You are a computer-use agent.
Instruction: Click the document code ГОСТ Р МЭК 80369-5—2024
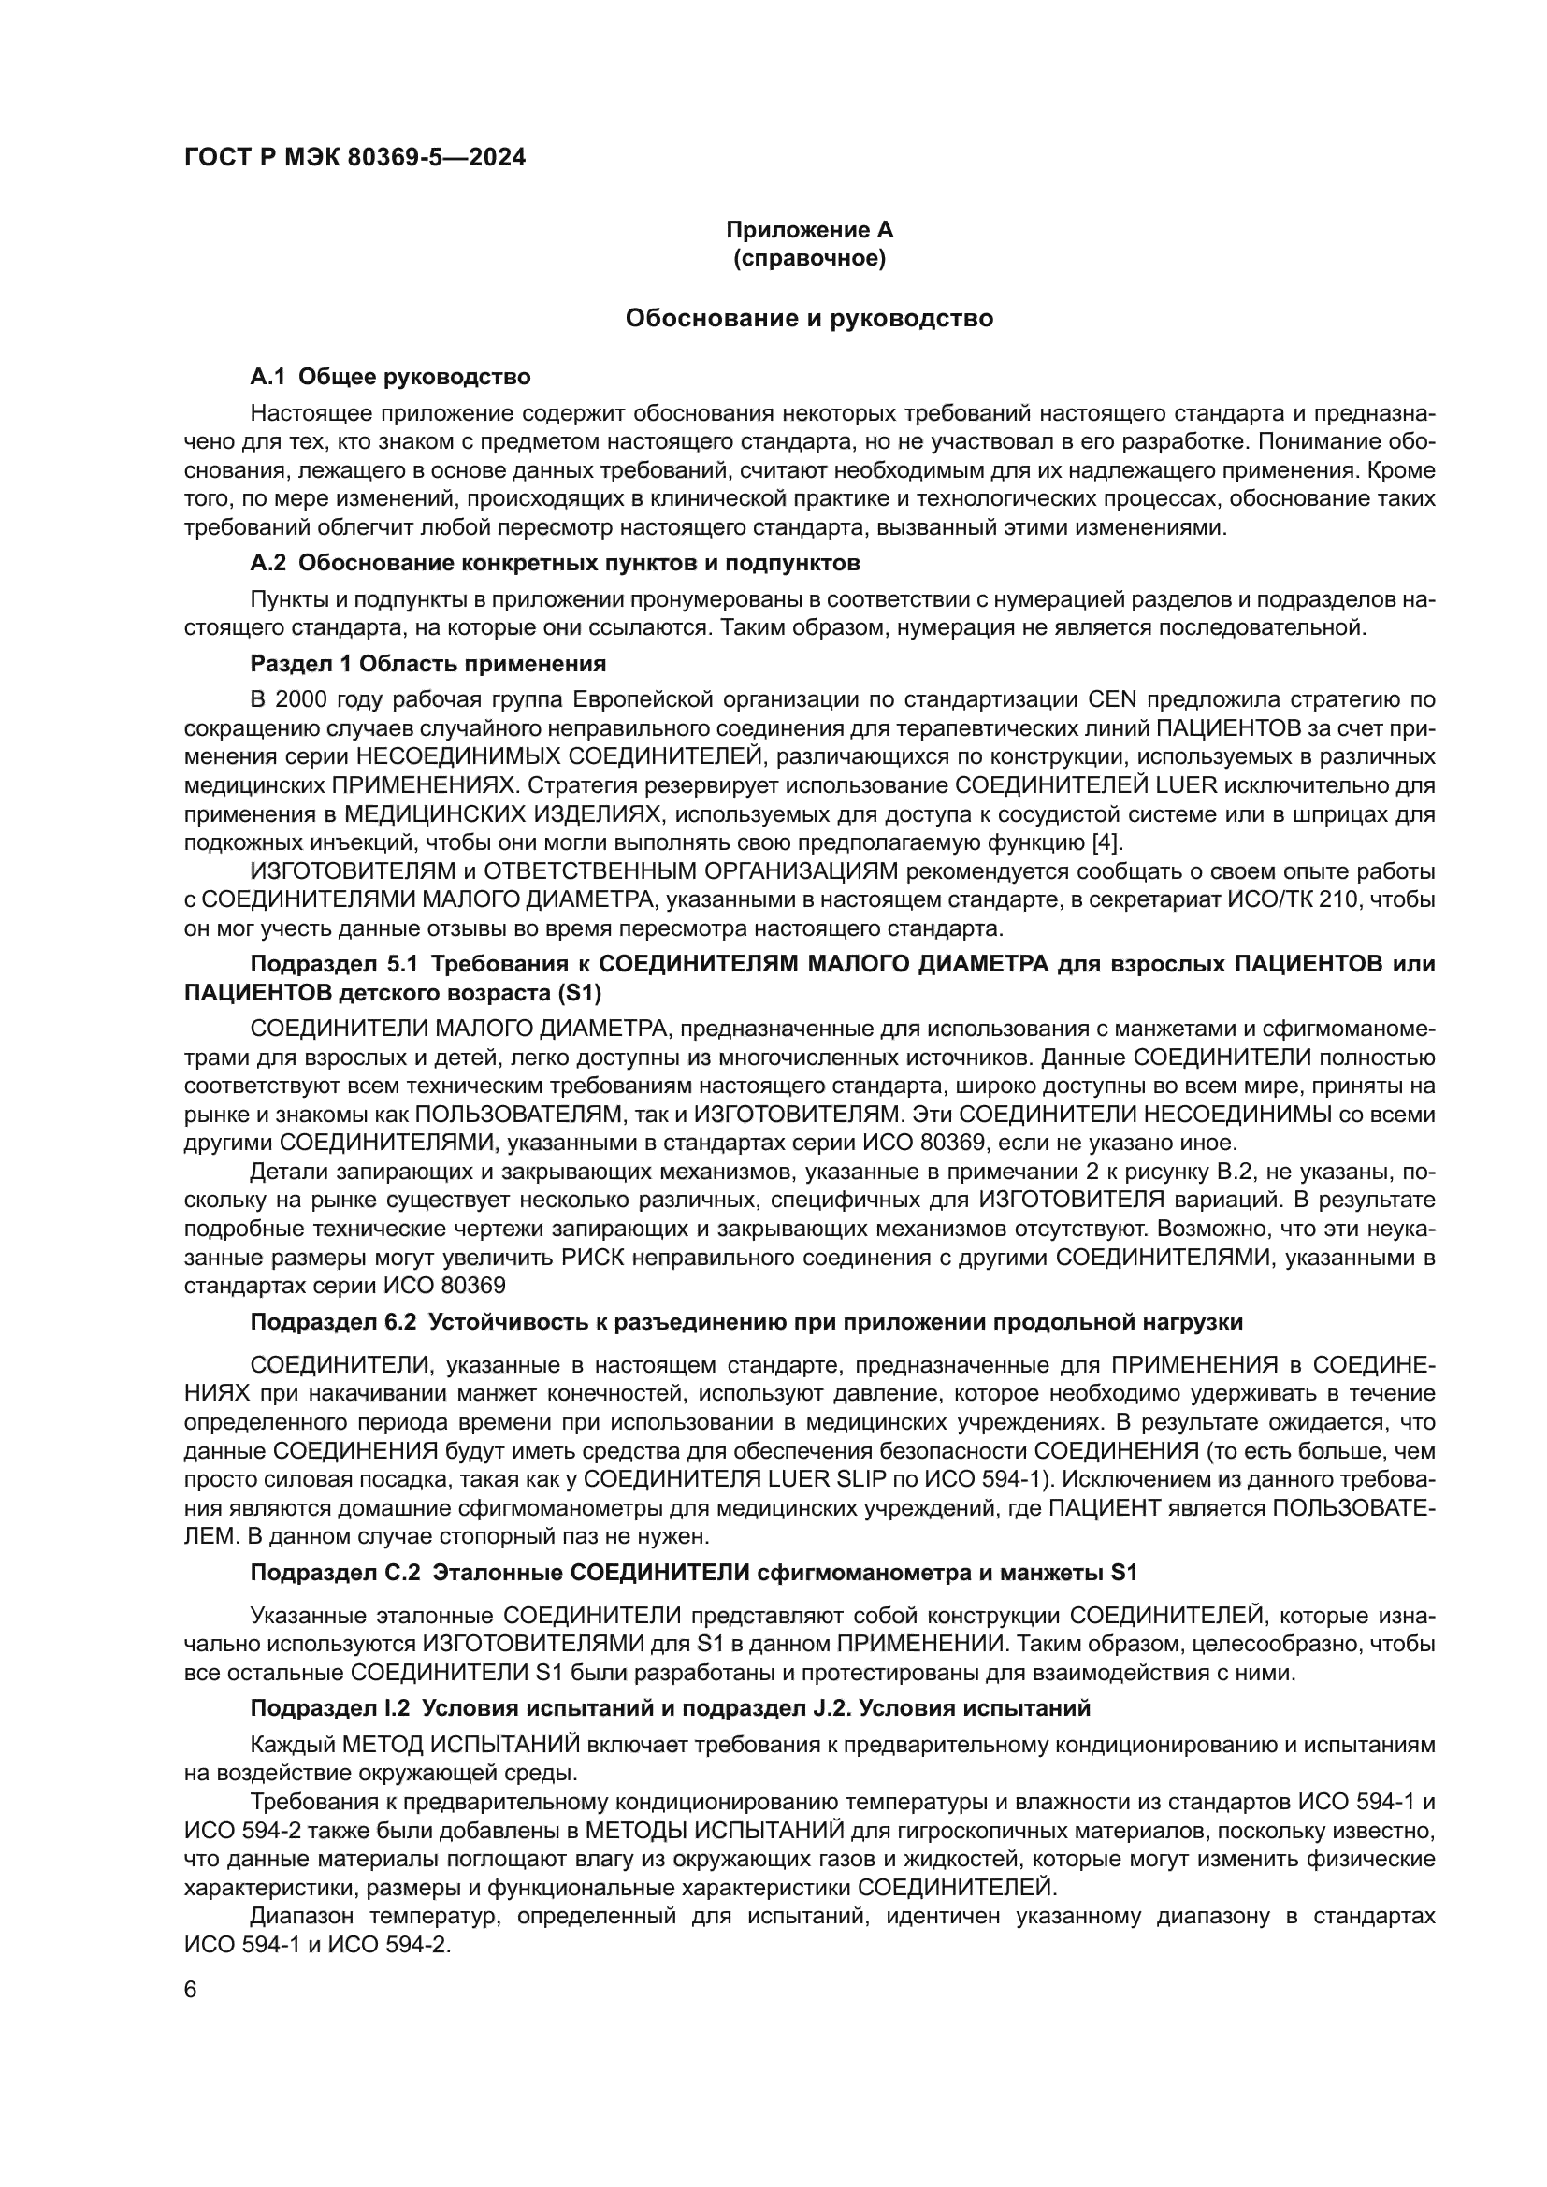pos(354,158)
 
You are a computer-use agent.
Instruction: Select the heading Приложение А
pos(809,230)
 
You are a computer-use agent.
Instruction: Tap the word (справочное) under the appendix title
pos(809,258)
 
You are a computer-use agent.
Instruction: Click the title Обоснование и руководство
pos(809,318)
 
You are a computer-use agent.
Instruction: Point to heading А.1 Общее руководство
pos(390,377)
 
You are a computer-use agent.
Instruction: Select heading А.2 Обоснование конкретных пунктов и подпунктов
pos(555,563)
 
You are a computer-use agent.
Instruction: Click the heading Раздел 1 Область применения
pos(427,663)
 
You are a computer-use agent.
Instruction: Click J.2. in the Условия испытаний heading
pos(835,1708)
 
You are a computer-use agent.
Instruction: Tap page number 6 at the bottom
pos(191,1990)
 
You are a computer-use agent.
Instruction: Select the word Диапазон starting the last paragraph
pos(302,1917)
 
